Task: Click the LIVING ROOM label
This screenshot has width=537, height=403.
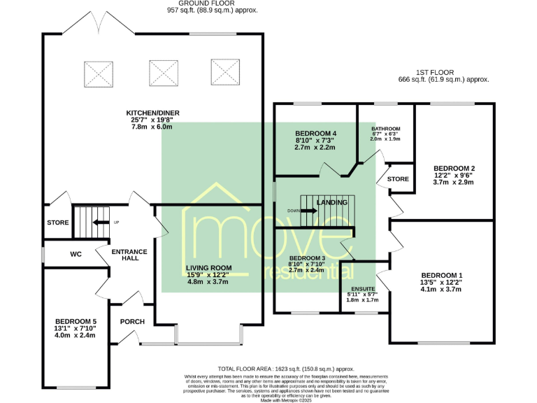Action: [208, 268]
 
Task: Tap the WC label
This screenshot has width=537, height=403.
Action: [76, 255]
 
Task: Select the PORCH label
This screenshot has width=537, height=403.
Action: [132, 322]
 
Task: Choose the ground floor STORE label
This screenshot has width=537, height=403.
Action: [58, 223]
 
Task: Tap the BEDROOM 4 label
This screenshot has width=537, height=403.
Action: [315, 134]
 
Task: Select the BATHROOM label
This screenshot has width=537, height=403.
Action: [385, 129]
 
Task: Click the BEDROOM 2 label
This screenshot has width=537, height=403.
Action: [454, 169]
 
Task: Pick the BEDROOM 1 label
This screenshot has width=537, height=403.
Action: [441, 275]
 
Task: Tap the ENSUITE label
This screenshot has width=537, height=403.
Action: [362, 288]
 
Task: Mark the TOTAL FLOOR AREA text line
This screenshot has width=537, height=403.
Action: [287, 368]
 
